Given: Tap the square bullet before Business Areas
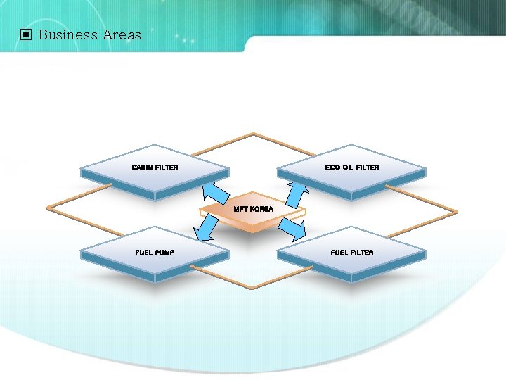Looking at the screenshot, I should point(26,34).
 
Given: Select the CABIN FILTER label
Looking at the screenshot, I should point(155,167).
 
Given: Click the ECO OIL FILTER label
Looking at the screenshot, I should point(351,167).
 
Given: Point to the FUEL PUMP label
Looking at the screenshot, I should point(155,253).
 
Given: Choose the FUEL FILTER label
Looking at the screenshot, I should point(351,253).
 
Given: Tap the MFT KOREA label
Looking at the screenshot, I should point(253,209).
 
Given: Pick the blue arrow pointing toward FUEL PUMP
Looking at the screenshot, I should point(205,227).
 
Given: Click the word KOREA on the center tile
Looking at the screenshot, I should point(261,209).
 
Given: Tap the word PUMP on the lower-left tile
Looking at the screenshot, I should point(165,253).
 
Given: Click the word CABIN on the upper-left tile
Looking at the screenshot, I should point(143,167).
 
